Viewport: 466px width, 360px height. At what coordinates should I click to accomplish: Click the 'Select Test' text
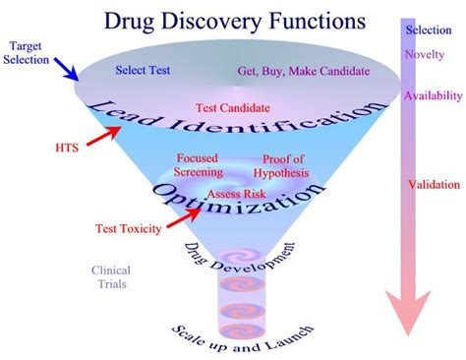[144, 71]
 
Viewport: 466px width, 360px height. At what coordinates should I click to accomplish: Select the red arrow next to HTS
[99, 143]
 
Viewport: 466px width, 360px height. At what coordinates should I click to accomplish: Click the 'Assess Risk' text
[235, 194]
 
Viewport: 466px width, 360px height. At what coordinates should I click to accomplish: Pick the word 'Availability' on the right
[432, 95]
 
